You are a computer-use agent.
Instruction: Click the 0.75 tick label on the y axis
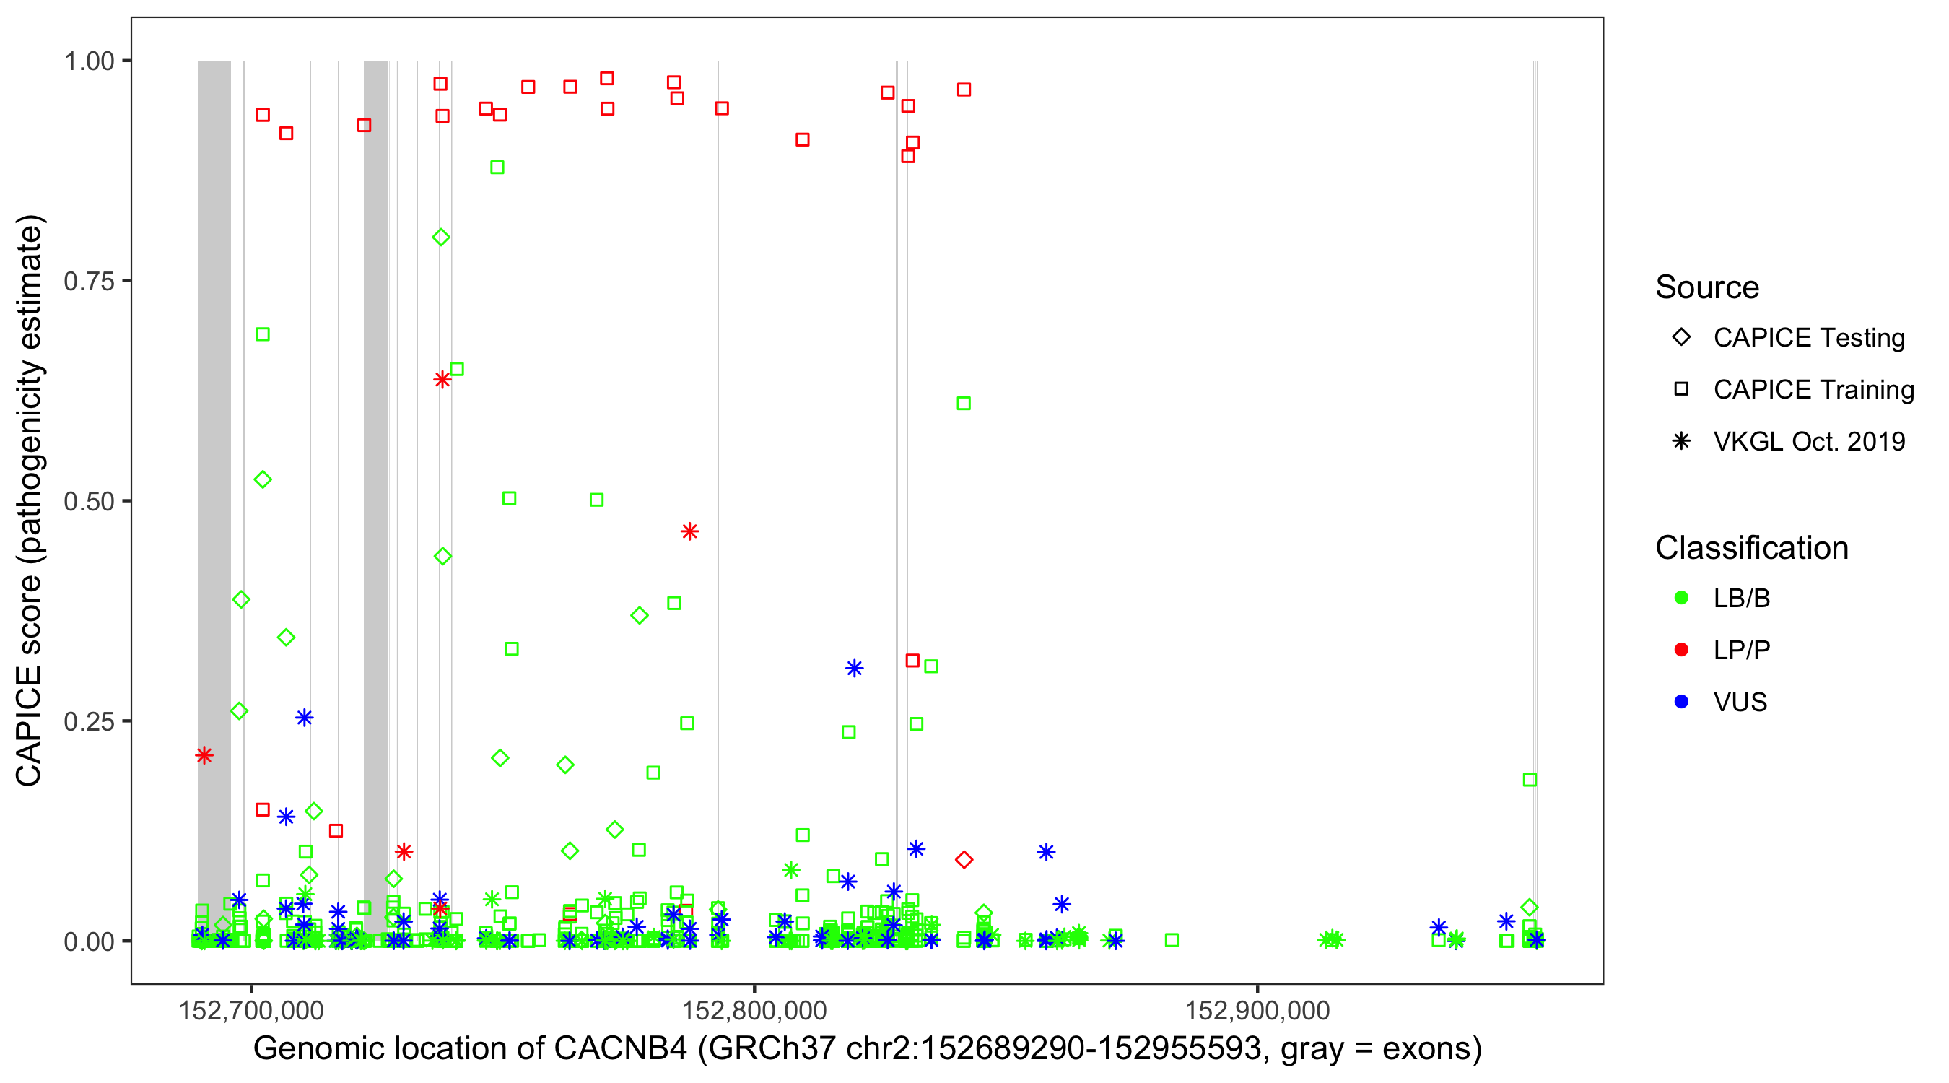pyautogui.click(x=89, y=281)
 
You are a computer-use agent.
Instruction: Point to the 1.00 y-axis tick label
pyautogui.click(x=89, y=61)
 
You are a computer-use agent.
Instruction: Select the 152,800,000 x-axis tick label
pyautogui.click(x=754, y=1010)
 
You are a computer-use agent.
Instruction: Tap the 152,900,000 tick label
pyautogui.click(x=1257, y=1010)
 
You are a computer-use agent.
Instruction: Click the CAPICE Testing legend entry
pyautogui.click(x=1808, y=338)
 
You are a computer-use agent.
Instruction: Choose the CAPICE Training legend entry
pyautogui.click(x=1813, y=390)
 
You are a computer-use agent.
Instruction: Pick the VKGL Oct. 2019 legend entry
pyautogui.click(x=1808, y=441)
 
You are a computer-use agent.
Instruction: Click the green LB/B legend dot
pyautogui.click(x=1681, y=598)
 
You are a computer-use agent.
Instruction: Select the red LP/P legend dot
pyautogui.click(x=1681, y=650)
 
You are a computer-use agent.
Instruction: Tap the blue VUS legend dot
pyautogui.click(x=1681, y=702)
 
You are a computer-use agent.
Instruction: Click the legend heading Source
pyautogui.click(x=1707, y=287)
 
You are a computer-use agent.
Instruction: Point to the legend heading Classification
pyautogui.click(x=1751, y=548)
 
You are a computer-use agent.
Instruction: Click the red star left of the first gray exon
pyautogui.click(x=204, y=755)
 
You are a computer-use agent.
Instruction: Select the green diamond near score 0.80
pyautogui.click(x=441, y=238)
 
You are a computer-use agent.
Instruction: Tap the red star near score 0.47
pyautogui.click(x=689, y=531)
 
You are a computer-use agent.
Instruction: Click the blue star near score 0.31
pyautogui.click(x=854, y=669)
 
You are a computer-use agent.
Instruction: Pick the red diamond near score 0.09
pyautogui.click(x=963, y=860)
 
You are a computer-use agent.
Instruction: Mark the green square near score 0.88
pyautogui.click(x=497, y=168)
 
